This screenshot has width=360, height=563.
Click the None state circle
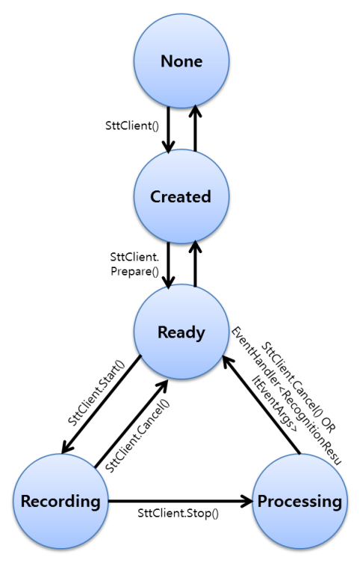pos(181,61)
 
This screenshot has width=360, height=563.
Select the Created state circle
pos(181,197)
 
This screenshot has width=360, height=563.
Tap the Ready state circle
pos(181,333)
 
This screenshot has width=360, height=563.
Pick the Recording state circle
pos(60,500)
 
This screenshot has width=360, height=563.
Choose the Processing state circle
pos(301,500)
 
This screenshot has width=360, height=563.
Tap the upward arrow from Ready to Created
pos(193,264)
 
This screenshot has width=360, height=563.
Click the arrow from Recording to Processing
pos(180,500)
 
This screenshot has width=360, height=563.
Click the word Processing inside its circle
pos(301,500)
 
